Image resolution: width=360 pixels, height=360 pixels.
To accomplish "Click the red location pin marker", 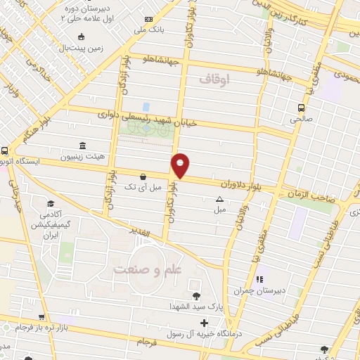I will point(180,165).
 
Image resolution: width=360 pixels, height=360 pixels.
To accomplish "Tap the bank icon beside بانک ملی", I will point(148,19).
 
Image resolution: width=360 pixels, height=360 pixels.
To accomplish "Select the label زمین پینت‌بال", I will point(82,48).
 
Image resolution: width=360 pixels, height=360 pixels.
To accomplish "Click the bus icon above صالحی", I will point(301,108).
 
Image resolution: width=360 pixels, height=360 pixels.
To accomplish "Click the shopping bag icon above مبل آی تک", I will point(143,176).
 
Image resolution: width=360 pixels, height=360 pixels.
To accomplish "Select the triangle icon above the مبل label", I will point(219,199).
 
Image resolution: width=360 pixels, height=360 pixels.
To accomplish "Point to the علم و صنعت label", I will point(144,269).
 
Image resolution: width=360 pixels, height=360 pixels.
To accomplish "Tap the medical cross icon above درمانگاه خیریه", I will point(205,324).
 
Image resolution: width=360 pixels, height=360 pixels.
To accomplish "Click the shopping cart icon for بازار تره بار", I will point(42,318).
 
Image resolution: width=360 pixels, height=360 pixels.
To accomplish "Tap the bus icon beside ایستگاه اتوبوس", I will point(5,150).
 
